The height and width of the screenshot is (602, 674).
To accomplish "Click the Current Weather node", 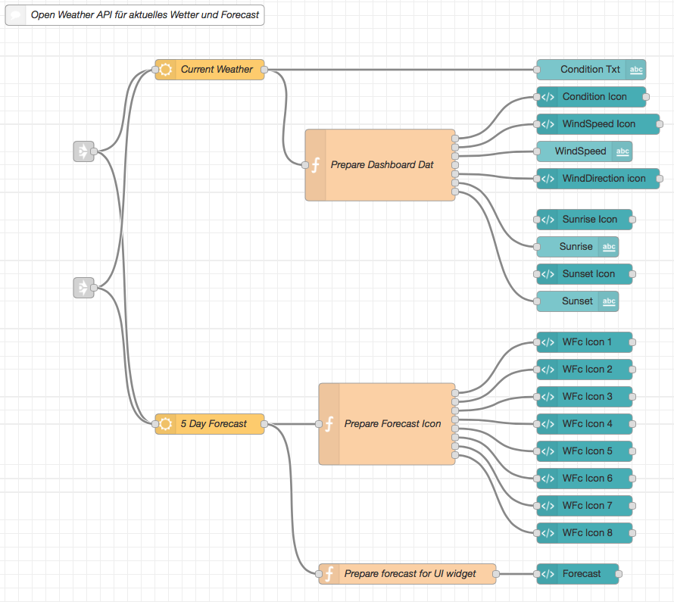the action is click(x=209, y=70).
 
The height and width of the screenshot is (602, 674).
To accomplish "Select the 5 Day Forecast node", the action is click(x=209, y=424).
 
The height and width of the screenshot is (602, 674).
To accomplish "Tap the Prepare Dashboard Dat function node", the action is click(x=380, y=165).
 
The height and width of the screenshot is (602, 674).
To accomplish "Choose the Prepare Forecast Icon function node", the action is click(x=387, y=424).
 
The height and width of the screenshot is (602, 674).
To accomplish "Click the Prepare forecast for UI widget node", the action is click(x=407, y=574).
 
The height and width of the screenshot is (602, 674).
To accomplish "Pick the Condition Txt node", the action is click(x=591, y=70).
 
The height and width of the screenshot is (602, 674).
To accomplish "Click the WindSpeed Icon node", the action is click(x=598, y=124).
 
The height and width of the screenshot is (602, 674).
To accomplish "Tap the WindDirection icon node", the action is click(x=598, y=179).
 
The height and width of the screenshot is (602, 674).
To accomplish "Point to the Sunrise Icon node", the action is click(x=584, y=220).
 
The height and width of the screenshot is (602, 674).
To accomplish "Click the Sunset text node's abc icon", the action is click(x=609, y=301).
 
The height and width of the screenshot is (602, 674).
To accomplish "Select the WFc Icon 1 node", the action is click(x=584, y=342).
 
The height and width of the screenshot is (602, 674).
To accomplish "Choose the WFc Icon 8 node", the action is click(x=584, y=533).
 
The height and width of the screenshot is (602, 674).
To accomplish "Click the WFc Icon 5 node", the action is click(x=584, y=451).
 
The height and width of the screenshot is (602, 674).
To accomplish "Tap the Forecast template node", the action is click(x=577, y=574).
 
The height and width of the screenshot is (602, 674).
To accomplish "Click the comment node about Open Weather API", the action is click(x=135, y=15).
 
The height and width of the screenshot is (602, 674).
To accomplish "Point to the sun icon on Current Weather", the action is click(x=166, y=70).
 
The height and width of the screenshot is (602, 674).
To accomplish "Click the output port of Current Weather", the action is click(x=264, y=70).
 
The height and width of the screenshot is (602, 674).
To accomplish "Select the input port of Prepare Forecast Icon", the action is click(x=319, y=424).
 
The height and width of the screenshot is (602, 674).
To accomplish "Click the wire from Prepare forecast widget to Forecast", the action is click(x=516, y=574).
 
